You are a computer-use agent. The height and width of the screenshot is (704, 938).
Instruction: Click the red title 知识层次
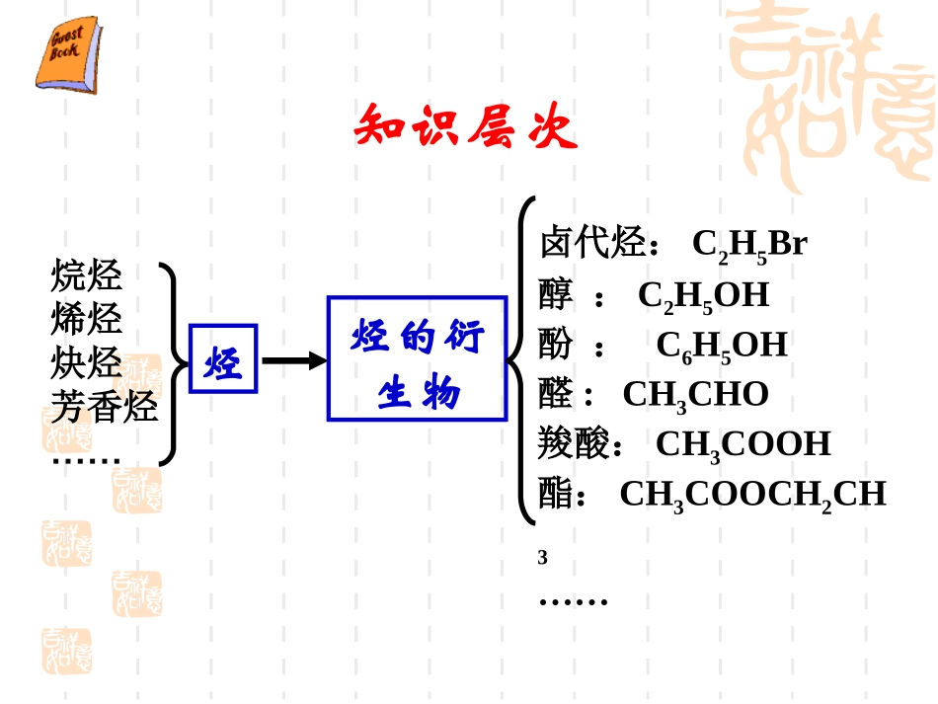[x=465, y=126]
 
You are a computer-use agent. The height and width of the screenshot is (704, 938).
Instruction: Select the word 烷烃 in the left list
[x=87, y=274]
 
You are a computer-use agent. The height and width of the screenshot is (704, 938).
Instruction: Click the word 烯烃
[x=87, y=319]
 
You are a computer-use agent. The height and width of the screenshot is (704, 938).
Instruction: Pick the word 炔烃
[x=87, y=362]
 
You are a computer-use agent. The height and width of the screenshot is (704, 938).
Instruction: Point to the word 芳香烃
[x=105, y=406]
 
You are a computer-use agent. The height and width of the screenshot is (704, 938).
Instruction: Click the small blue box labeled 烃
[x=223, y=358]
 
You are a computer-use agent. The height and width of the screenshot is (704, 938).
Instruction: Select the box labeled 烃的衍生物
[x=417, y=358]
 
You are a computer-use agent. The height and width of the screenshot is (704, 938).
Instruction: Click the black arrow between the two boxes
[x=293, y=360]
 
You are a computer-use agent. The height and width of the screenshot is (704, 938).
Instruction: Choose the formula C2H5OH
[x=703, y=295]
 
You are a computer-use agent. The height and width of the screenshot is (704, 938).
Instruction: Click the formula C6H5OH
[x=721, y=346]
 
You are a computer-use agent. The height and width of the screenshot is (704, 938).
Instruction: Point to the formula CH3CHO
[x=695, y=395]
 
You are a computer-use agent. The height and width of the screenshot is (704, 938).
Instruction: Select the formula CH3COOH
[x=743, y=445]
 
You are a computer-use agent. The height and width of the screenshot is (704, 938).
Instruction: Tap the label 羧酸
[x=574, y=444]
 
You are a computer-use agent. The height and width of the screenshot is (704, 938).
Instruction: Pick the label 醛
[x=556, y=394]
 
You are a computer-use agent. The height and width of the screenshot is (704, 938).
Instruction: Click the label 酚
[x=556, y=345]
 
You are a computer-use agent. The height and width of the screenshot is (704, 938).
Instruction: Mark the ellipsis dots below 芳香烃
[x=86, y=460]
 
